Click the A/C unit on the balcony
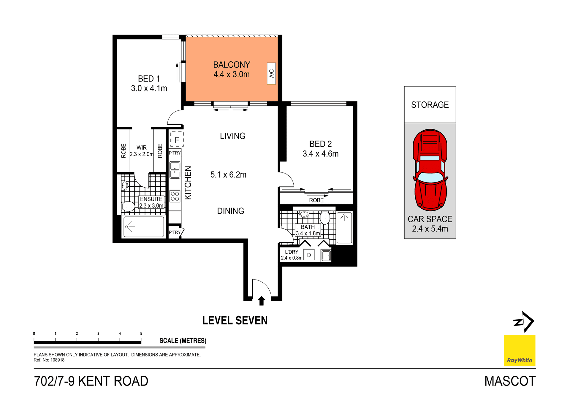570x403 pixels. (x=271, y=73)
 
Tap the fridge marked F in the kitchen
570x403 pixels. (x=177, y=139)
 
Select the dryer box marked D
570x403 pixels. (x=309, y=255)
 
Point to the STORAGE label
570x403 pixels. (x=430, y=105)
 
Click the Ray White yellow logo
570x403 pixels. (x=519, y=350)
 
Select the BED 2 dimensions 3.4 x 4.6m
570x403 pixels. (x=320, y=154)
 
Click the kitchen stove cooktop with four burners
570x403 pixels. (x=175, y=196)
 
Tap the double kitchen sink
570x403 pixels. (x=175, y=170)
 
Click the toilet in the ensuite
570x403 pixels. (x=128, y=206)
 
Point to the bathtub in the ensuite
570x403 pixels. (x=144, y=227)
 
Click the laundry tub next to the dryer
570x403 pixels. (x=326, y=255)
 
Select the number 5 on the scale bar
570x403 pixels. (x=141, y=334)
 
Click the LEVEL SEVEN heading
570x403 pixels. (x=235, y=321)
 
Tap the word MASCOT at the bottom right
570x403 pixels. (x=510, y=381)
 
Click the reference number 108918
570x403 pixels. (x=57, y=360)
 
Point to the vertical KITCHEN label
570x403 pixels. (x=188, y=183)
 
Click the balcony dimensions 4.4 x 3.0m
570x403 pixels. (x=231, y=74)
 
